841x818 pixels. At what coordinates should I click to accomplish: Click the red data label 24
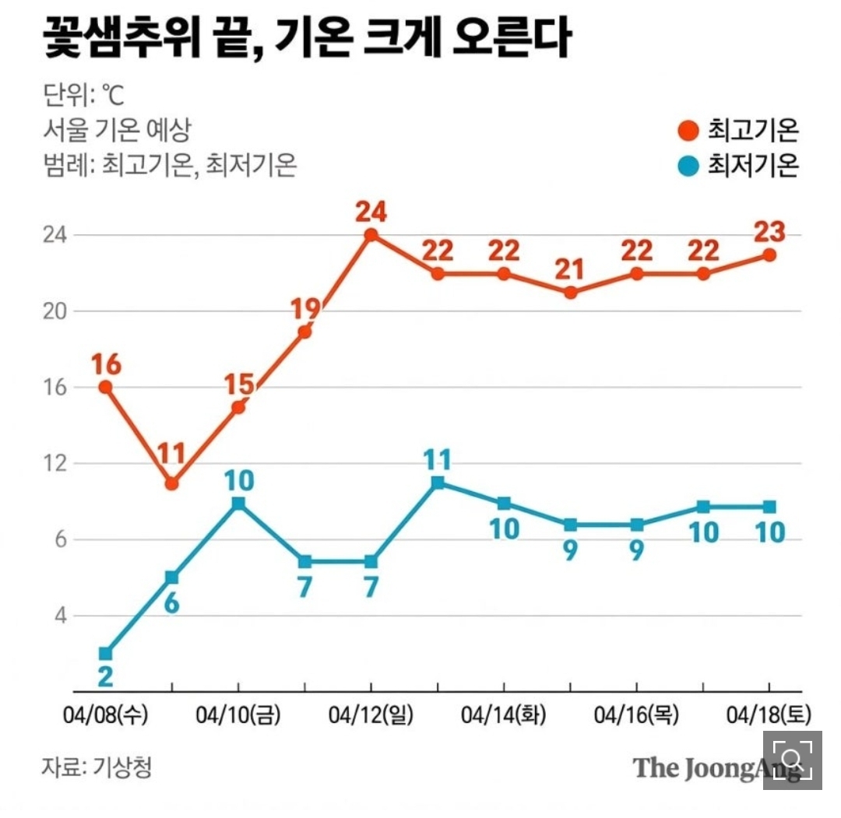tap(371, 212)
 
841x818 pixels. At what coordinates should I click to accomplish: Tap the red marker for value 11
tap(172, 483)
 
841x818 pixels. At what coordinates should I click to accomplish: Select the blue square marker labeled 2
tap(105, 653)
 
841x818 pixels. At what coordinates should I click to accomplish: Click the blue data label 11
tap(438, 460)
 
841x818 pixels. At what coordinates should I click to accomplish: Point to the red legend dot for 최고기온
tap(688, 131)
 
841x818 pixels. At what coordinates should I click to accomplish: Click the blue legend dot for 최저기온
tap(688, 165)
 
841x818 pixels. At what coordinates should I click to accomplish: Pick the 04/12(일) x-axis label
tap(371, 714)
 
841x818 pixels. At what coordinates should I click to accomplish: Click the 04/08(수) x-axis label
tap(106, 714)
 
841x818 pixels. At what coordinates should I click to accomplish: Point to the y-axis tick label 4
tap(58, 616)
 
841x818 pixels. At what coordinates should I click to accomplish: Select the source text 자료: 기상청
tap(97, 767)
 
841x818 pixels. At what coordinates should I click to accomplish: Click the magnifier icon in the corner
tap(792, 760)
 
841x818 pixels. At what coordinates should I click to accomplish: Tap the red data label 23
tap(769, 232)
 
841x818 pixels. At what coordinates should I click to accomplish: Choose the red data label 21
tap(570, 270)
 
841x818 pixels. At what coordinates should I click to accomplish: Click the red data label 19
tap(304, 309)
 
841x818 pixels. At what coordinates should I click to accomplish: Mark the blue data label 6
tap(172, 601)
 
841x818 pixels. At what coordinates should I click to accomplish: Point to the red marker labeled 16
tap(105, 387)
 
